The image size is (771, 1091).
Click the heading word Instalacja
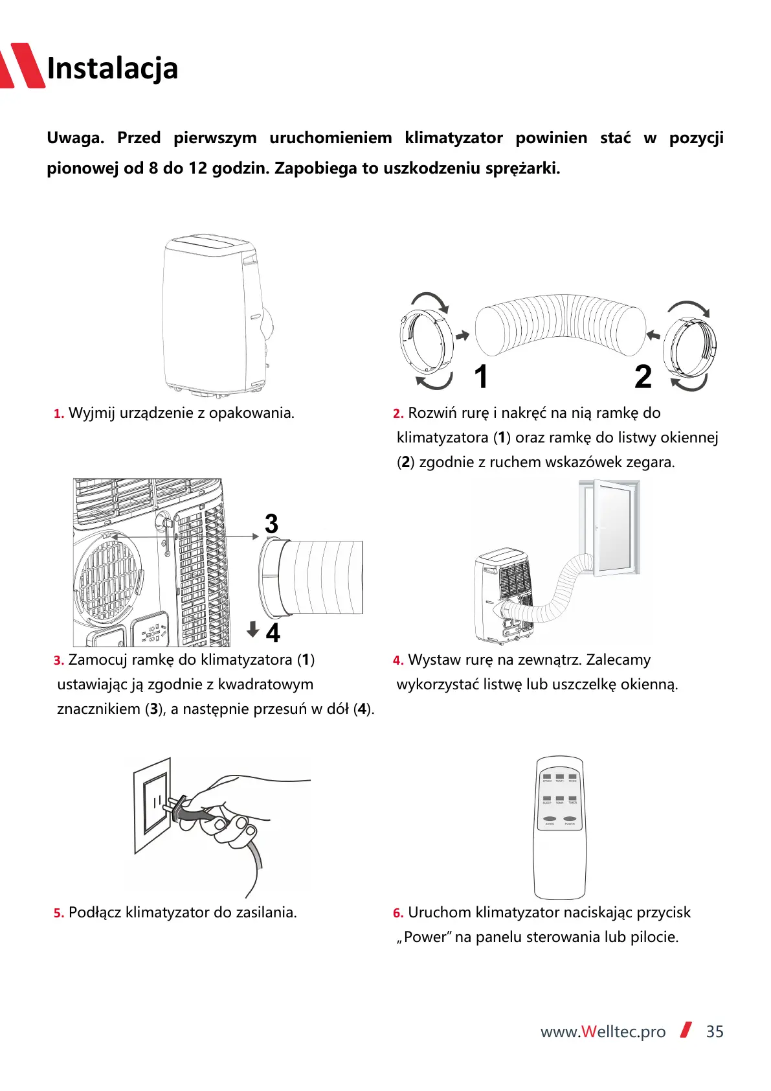[x=113, y=69]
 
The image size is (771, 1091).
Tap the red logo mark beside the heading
[x=23, y=65]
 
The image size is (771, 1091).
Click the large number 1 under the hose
[x=480, y=377]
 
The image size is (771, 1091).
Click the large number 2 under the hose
[x=643, y=377]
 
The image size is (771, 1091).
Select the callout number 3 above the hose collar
[x=271, y=523]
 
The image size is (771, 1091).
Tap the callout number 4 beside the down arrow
[x=273, y=633]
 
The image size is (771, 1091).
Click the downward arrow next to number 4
[x=253, y=628]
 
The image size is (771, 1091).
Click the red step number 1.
[x=58, y=414]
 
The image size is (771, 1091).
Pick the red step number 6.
[x=397, y=913]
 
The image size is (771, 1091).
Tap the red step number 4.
[x=397, y=661]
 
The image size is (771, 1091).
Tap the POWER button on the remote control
[x=570, y=819]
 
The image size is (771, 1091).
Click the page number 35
[x=715, y=1032]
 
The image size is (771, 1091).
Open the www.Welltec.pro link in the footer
[x=603, y=1032]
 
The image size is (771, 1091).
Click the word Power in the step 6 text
[x=426, y=937]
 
